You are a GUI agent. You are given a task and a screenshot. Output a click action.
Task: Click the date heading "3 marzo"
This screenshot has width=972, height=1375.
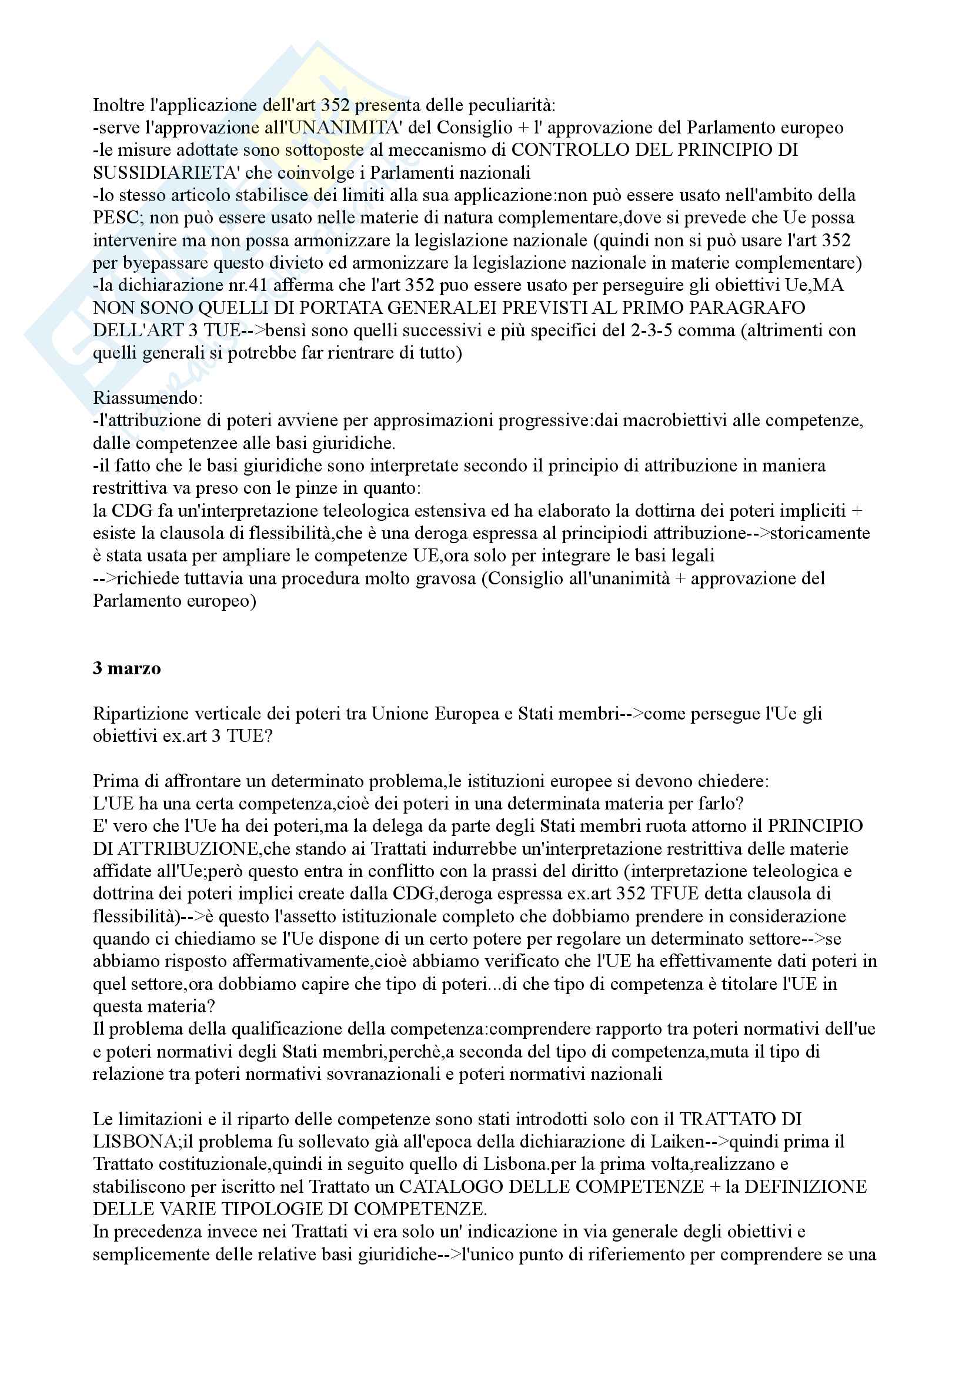point(126,668)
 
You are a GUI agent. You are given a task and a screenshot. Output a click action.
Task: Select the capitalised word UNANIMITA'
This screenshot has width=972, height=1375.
point(350,128)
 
